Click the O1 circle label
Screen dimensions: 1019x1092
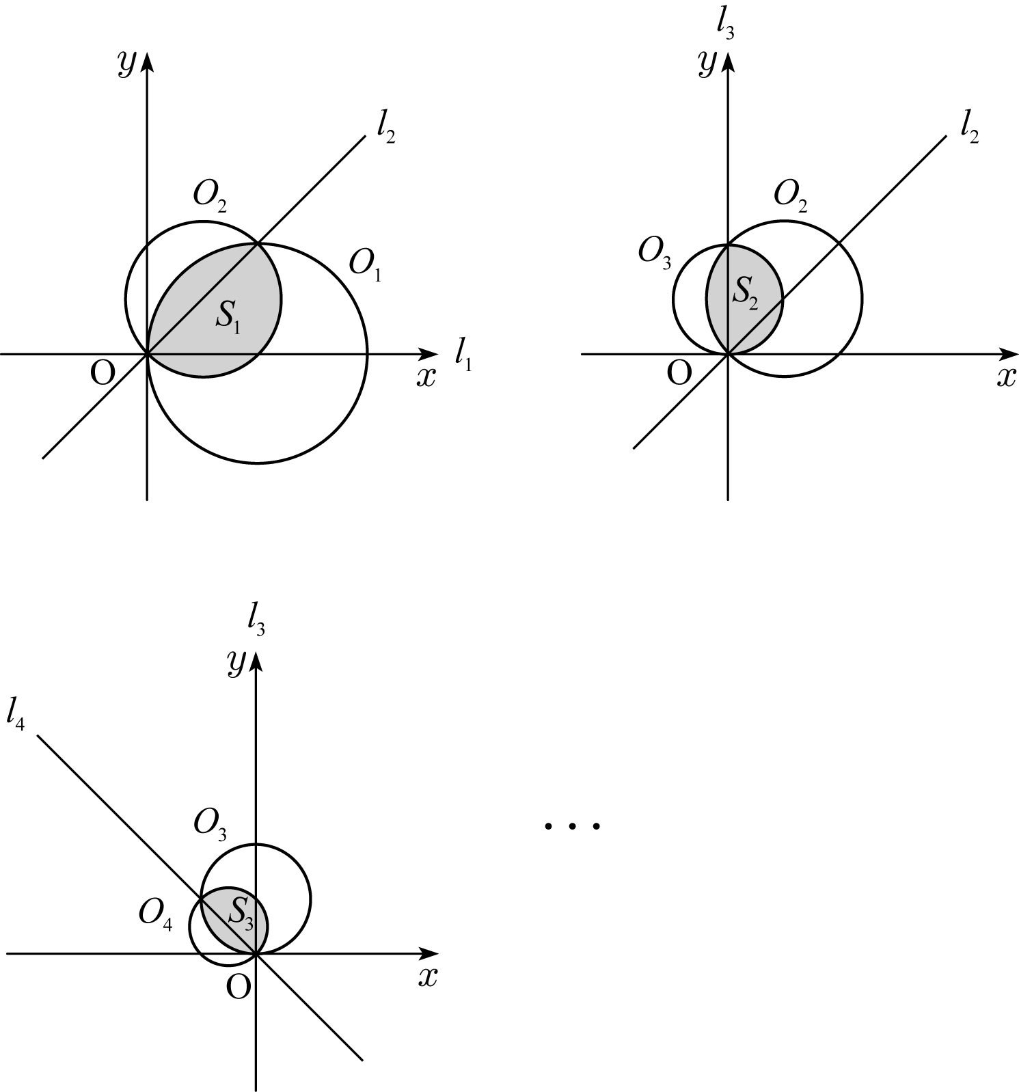[365, 265]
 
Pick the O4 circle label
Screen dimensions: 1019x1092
[155, 913]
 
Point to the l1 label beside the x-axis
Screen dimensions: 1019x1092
[463, 355]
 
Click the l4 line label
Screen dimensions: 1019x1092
[15, 715]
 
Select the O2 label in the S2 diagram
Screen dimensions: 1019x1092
[791, 197]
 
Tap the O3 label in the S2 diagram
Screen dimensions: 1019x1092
[655, 252]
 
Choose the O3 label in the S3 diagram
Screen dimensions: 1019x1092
[210, 823]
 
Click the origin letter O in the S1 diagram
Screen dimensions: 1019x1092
[102, 374]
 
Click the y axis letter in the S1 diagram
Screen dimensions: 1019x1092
[126, 64]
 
